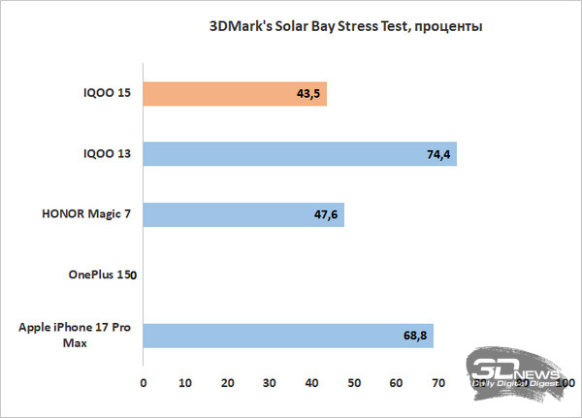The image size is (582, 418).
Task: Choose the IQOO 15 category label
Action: (x=108, y=94)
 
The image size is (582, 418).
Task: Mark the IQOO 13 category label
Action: (x=108, y=154)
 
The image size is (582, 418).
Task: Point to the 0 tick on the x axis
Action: (x=144, y=385)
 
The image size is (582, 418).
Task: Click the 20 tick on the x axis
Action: (x=228, y=385)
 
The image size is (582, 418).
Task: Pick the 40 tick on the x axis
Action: (x=312, y=385)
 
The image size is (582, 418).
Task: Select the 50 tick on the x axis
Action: (x=354, y=385)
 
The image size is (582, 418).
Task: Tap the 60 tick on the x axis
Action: (x=397, y=385)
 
